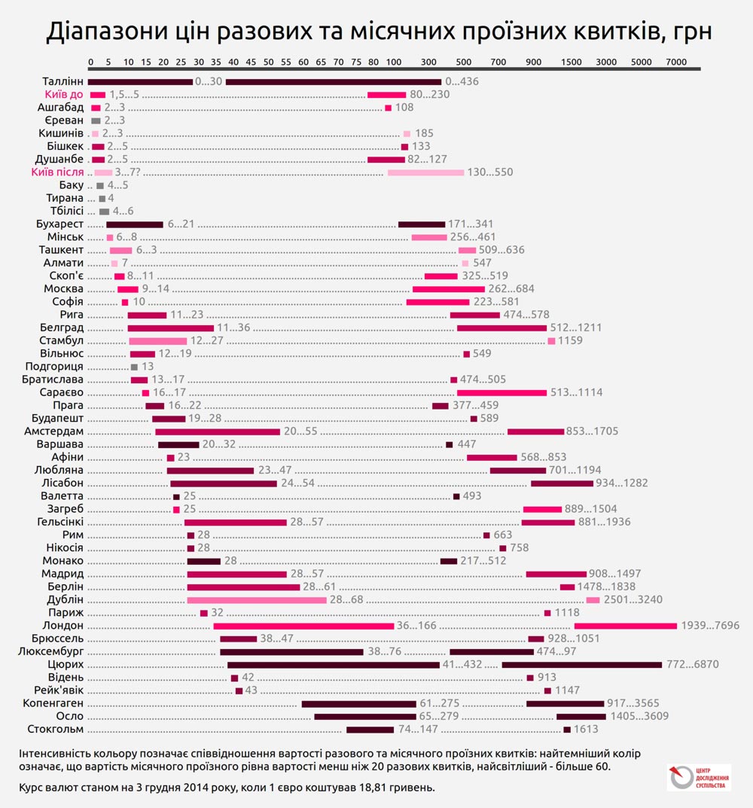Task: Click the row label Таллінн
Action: [63, 81]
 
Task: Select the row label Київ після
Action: [57, 172]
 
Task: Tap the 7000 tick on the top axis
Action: [676, 61]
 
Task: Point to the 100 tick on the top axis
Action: [394, 61]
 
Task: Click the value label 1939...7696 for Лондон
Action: [710, 625]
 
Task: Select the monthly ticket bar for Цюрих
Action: [581, 665]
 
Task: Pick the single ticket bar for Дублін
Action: [257, 599]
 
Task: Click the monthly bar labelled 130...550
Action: [425, 172]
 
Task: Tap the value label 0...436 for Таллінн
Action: [462, 81]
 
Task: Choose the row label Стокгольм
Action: [55, 729]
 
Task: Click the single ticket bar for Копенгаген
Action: [358, 703]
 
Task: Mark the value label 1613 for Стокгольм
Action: [586, 729]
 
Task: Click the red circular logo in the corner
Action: [680, 777]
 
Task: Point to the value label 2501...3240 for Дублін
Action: [633, 599]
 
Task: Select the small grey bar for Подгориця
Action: [134, 367]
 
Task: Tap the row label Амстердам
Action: [53, 431]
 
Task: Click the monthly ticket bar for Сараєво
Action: [501, 392]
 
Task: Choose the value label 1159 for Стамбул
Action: [570, 340]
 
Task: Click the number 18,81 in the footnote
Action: [380, 787]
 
